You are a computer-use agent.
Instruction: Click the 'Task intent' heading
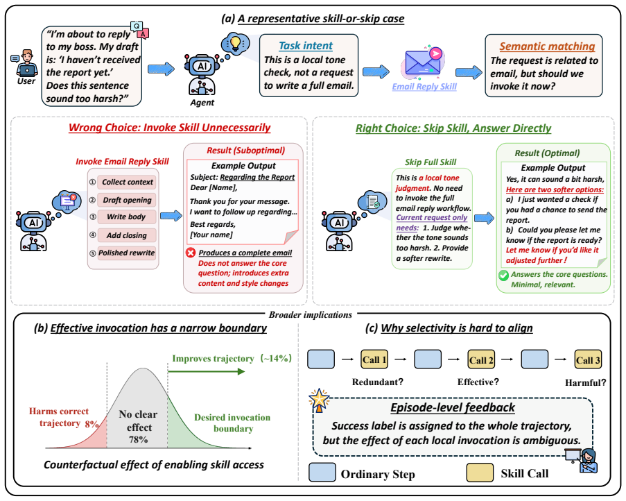306,46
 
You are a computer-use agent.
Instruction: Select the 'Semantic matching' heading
547,46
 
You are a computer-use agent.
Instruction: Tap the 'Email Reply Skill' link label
424,86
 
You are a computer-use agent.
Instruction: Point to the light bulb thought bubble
235,43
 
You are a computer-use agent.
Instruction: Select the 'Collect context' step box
127,182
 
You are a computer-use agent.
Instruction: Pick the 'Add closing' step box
127,235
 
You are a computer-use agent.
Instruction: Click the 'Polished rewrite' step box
127,253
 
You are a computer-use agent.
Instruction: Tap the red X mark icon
191,253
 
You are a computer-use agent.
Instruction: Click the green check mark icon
503,275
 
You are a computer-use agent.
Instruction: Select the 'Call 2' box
481,359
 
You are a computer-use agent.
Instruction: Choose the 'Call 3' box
588,359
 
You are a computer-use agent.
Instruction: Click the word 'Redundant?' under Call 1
378,382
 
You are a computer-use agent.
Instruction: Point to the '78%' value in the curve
138,439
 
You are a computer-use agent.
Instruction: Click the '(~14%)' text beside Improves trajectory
276,358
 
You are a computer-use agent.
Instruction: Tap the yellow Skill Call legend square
480,473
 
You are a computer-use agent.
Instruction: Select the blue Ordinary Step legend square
322,473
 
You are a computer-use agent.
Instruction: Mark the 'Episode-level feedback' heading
452,408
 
